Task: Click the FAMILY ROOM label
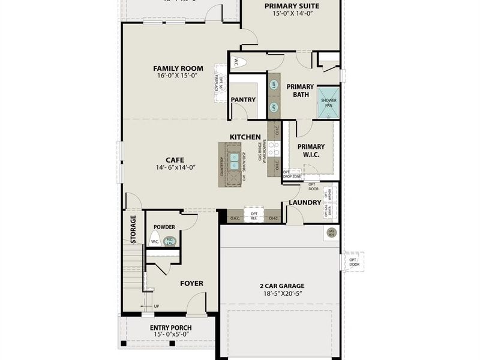(178, 68)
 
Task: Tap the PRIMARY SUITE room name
(292, 7)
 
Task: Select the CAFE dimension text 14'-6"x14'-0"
(176, 167)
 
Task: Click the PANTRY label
(243, 100)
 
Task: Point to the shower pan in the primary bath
(328, 103)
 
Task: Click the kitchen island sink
(235, 161)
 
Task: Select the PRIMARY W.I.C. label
(311, 151)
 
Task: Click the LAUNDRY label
(305, 203)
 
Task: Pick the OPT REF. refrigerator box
(254, 215)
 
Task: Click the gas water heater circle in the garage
(331, 232)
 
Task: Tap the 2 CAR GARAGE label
(282, 286)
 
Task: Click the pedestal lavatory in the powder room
(170, 241)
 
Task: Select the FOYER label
(191, 283)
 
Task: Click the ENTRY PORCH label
(170, 328)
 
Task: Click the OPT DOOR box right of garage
(354, 262)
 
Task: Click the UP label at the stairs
(157, 306)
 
